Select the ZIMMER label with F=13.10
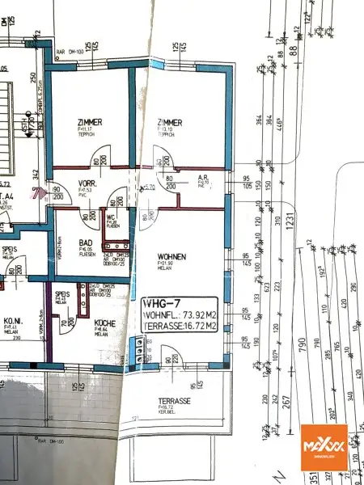tap(167, 122)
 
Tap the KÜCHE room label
tap(104, 323)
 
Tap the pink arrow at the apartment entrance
tap(35, 193)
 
